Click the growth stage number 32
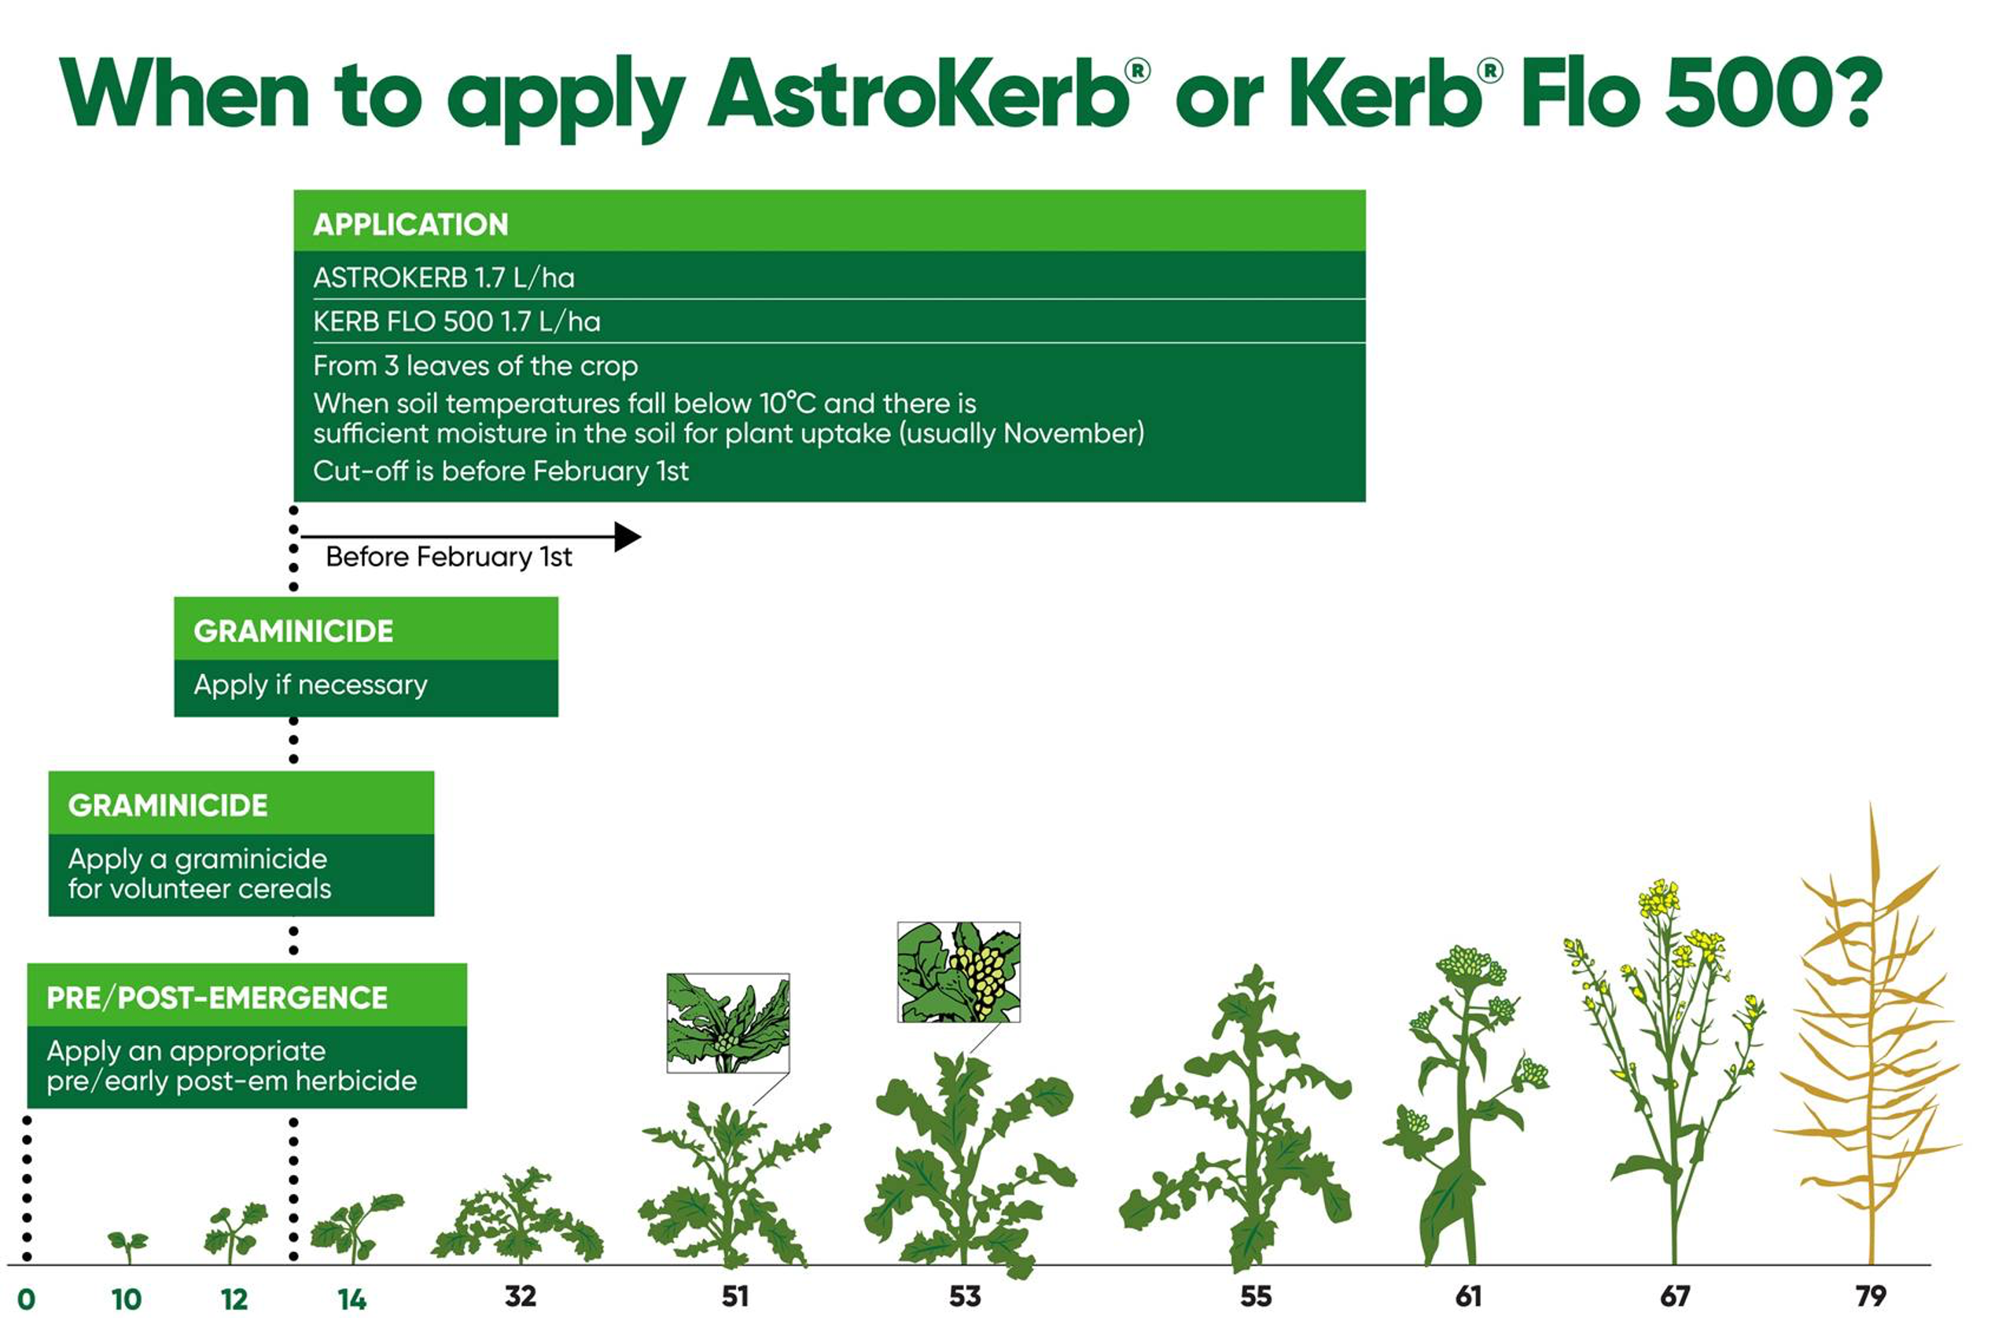click(x=520, y=1296)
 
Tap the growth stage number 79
click(x=1871, y=1296)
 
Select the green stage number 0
click(x=26, y=1299)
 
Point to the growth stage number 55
click(x=1256, y=1296)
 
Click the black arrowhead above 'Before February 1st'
click(x=627, y=536)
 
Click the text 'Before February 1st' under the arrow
click(x=448, y=557)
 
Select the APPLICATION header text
click(x=410, y=225)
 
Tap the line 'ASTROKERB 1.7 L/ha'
click(x=443, y=278)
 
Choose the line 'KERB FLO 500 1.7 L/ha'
click(x=457, y=322)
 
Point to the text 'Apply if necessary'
click(x=311, y=685)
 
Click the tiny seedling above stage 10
click(x=128, y=1246)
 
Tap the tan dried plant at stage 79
click(x=1869, y=1035)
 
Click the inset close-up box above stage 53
click(x=959, y=971)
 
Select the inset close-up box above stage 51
click(x=728, y=1023)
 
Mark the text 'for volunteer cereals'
click(x=200, y=889)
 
